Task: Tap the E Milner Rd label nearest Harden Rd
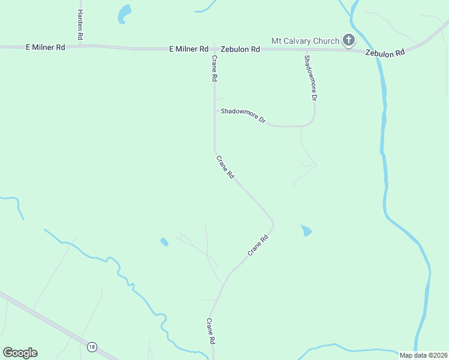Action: pyautogui.click(x=45, y=47)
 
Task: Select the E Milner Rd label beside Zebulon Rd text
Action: pyautogui.click(x=188, y=49)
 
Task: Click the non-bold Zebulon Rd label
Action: pyautogui.click(x=240, y=49)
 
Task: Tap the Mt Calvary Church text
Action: pyautogui.click(x=306, y=41)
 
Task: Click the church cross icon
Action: pyautogui.click(x=348, y=41)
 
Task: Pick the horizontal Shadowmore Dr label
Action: pyautogui.click(x=243, y=115)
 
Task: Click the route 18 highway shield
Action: pyautogui.click(x=92, y=347)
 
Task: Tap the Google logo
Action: pyautogui.click(x=20, y=353)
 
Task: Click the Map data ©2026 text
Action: pyautogui.click(x=423, y=355)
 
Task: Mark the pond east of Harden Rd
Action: pyautogui.click(x=124, y=14)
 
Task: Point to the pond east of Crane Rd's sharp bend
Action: pyautogui.click(x=306, y=230)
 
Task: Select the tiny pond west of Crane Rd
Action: pyautogui.click(x=164, y=242)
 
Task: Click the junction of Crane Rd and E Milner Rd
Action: pyautogui.click(x=214, y=49)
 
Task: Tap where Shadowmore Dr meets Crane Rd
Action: pyautogui.click(x=215, y=110)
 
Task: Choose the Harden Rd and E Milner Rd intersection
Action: pyautogui.click(x=80, y=46)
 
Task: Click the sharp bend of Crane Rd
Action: pyautogui.click(x=273, y=224)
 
